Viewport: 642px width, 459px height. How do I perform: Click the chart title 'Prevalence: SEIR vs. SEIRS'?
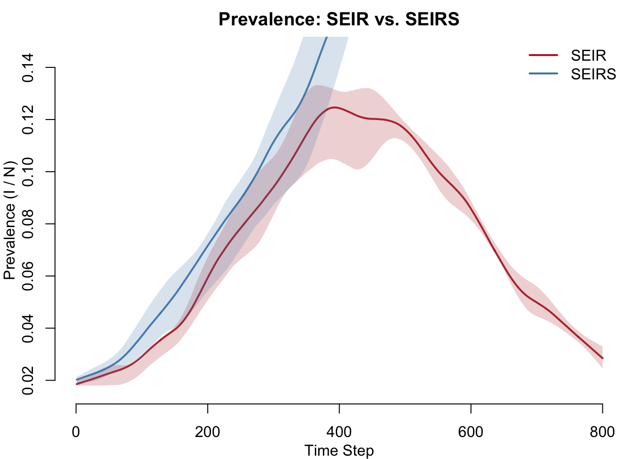(339, 20)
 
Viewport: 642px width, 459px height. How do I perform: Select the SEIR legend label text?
(588, 55)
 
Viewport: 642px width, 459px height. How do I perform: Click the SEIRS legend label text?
(593, 74)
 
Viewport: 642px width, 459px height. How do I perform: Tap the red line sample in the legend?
(543, 55)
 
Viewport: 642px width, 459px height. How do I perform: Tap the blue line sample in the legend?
(543, 74)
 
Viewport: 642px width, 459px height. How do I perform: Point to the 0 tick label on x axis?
(76, 432)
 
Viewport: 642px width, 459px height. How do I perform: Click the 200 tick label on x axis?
(207, 432)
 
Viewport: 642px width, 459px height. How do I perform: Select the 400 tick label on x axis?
(339, 432)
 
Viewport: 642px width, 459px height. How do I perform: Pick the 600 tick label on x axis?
(471, 432)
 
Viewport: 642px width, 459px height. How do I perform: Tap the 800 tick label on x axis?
(602, 432)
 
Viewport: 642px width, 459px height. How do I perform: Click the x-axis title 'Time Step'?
(339, 450)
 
